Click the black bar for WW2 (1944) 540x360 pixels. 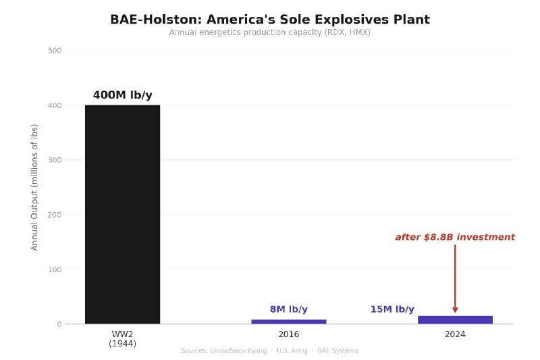pyautogui.click(x=122, y=214)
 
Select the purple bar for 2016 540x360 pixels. pyautogui.click(x=288, y=322)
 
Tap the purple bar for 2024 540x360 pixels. pyautogui.click(x=455, y=319)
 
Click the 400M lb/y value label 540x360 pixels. pyautogui.click(x=122, y=95)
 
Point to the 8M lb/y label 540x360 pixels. pyautogui.click(x=288, y=309)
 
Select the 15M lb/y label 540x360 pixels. pyautogui.click(x=392, y=309)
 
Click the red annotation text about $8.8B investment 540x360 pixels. pyautogui.click(x=455, y=237)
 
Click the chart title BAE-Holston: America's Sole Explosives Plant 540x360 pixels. pyautogui.click(x=270, y=20)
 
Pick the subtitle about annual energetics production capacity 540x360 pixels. pyautogui.click(x=270, y=32)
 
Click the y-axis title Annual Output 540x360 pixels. pyautogui.click(x=35, y=187)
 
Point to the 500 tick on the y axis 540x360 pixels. pyautogui.click(x=55, y=51)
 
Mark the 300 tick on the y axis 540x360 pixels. pyautogui.click(x=55, y=160)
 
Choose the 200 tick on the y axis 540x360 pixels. pyautogui.click(x=55, y=215)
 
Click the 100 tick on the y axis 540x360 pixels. pyautogui.click(x=55, y=269)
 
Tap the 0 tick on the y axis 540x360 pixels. pyautogui.click(x=59, y=324)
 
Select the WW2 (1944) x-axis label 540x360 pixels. pyautogui.click(x=122, y=339)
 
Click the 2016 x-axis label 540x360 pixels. pyautogui.click(x=288, y=334)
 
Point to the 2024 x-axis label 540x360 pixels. pyautogui.click(x=455, y=334)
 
